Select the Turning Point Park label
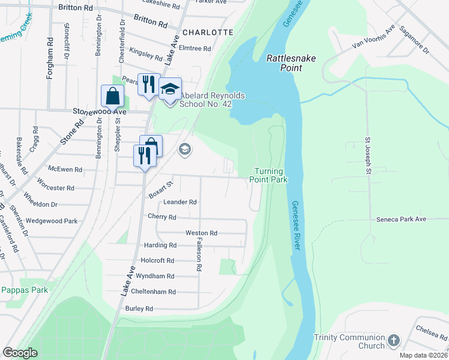pos(271,175)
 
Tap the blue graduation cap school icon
pos(170,89)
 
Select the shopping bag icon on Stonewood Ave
pos(112,95)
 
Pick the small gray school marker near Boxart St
pos(185,149)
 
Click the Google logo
pos(20,352)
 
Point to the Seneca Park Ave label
pos(401,220)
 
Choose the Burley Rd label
pos(139,308)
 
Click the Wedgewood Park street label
pos(52,221)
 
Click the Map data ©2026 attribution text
pos(415,355)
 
